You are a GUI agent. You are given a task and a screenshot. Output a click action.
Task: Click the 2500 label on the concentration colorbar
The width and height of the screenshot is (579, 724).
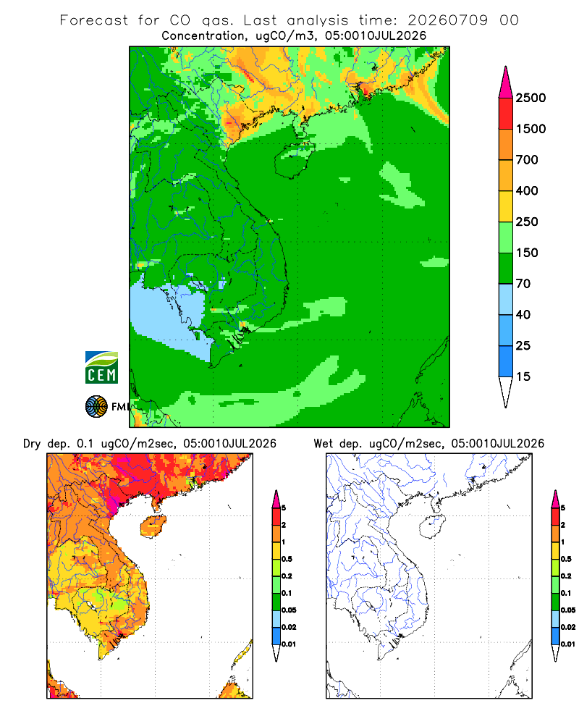(531, 98)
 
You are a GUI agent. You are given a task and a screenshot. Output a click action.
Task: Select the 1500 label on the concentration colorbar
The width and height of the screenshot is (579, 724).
(531, 129)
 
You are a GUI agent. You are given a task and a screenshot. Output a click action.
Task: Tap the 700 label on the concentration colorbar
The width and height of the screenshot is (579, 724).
(527, 160)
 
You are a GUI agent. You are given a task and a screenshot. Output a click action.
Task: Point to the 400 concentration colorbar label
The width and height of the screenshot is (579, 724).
(527, 190)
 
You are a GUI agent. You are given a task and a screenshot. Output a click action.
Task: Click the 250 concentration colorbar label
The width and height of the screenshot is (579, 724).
(527, 222)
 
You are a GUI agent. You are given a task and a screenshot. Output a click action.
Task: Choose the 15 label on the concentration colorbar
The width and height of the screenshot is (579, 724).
(523, 376)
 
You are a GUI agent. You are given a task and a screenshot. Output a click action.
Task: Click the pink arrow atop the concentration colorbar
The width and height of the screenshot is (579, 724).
(506, 83)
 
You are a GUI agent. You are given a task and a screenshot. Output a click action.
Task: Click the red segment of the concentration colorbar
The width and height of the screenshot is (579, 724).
(506, 114)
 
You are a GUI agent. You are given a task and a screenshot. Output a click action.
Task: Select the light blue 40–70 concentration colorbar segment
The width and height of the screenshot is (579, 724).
(506, 299)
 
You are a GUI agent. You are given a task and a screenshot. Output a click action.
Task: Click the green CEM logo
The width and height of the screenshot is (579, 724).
(101, 368)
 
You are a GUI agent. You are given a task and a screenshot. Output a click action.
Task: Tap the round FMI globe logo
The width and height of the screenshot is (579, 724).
(96, 407)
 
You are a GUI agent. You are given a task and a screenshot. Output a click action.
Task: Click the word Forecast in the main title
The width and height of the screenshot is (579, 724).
(94, 20)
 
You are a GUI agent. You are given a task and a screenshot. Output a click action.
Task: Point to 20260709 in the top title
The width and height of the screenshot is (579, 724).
(447, 20)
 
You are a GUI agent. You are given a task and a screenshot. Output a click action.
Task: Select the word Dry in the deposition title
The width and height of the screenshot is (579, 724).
(32, 444)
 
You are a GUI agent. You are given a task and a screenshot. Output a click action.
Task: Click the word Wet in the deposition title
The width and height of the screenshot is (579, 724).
(323, 444)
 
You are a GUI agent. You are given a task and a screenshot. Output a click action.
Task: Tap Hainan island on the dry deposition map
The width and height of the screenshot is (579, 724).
(153, 526)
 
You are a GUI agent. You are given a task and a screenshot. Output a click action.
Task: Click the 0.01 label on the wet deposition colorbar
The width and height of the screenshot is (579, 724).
(568, 644)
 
